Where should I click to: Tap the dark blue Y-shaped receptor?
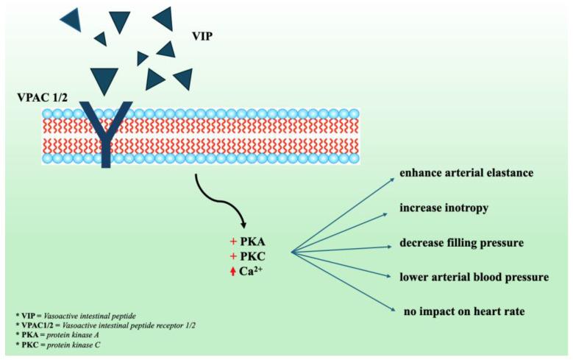coord(106,133)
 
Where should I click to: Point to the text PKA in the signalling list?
coord(254,241)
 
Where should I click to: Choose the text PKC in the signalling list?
coord(254,255)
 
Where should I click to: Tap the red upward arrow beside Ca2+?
coord(233,272)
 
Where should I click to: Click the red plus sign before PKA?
coord(233,241)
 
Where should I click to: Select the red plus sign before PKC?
coord(233,255)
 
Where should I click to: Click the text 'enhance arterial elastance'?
coord(466,174)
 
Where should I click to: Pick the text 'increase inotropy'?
coord(444,208)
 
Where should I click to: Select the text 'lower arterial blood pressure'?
coord(474,277)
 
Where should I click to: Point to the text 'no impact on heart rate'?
coord(464,311)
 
